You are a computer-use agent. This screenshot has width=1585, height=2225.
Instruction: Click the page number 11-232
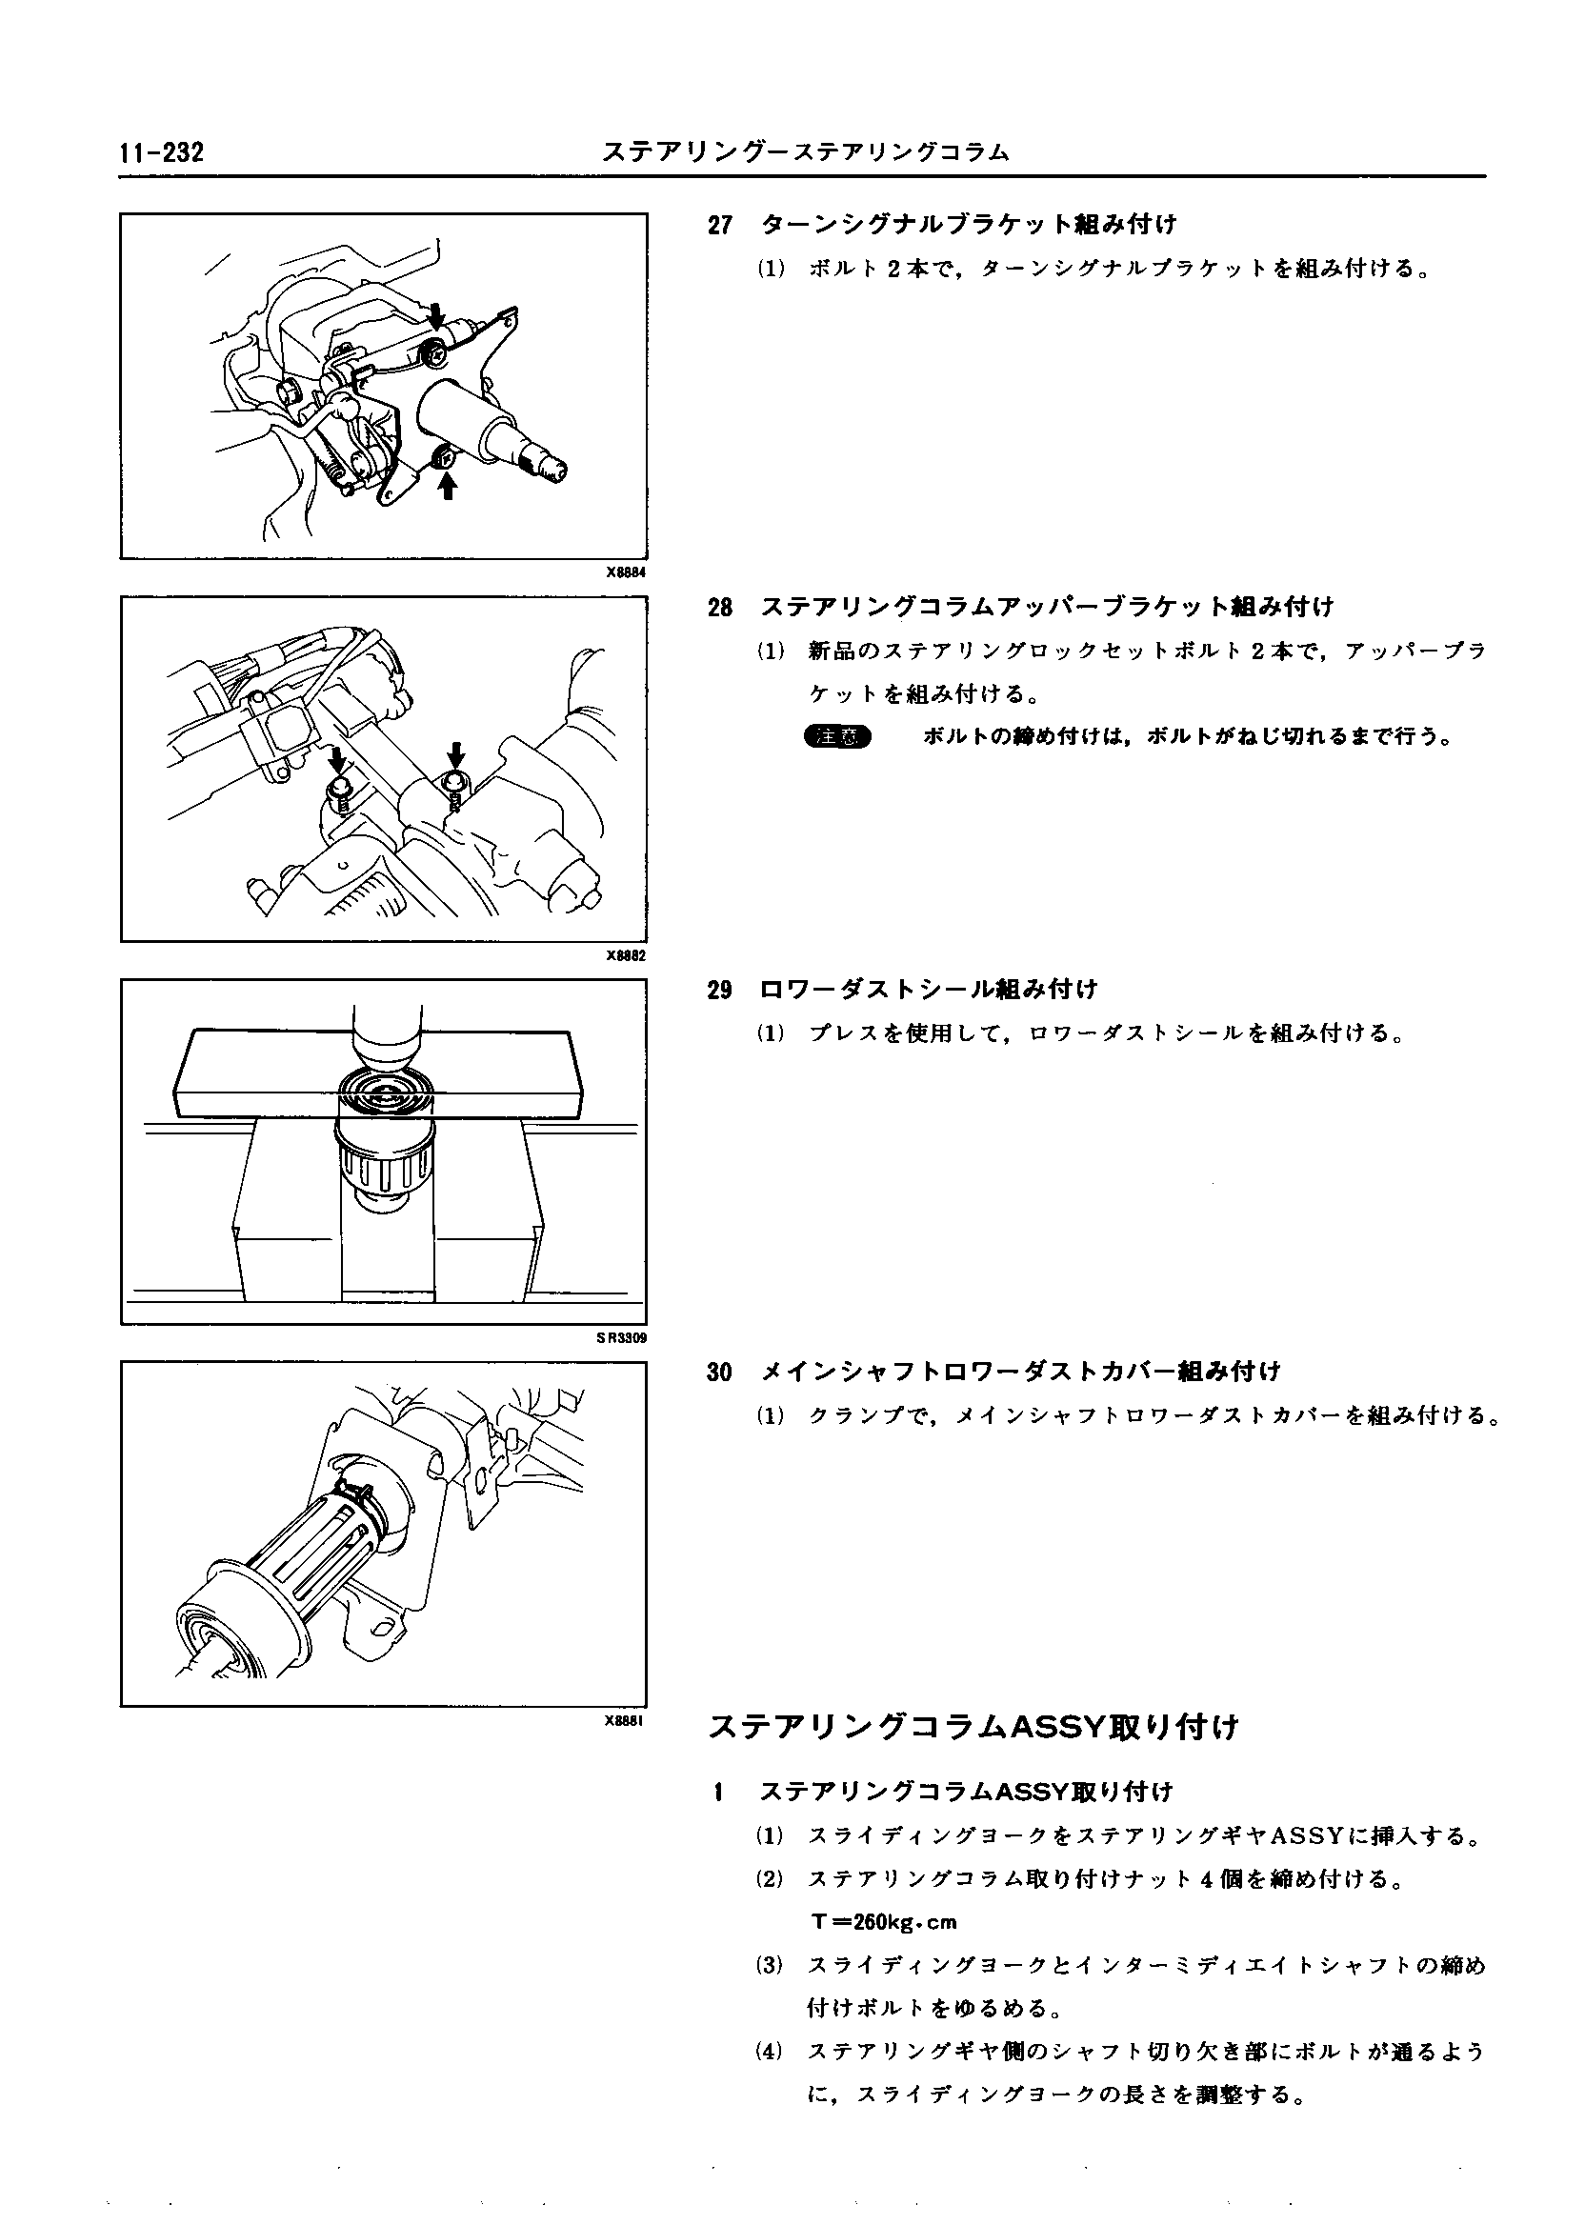(x=162, y=153)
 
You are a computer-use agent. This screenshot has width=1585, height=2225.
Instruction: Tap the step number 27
(x=720, y=226)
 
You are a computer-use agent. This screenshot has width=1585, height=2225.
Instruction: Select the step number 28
(x=720, y=608)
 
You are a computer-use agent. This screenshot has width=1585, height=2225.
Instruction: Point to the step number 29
(x=720, y=990)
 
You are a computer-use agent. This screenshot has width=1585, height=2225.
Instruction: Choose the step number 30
(x=720, y=1373)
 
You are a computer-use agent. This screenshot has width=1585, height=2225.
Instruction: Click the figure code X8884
(x=626, y=572)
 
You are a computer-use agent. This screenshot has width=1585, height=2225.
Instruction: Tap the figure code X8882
(x=626, y=956)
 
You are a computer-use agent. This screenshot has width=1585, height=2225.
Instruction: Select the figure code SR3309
(x=622, y=1338)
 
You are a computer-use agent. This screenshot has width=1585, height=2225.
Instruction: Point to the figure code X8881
(x=626, y=1720)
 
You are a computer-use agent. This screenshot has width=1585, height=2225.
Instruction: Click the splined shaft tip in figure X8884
(x=547, y=467)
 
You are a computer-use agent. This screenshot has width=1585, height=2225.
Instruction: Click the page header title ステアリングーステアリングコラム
(x=805, y=152)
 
